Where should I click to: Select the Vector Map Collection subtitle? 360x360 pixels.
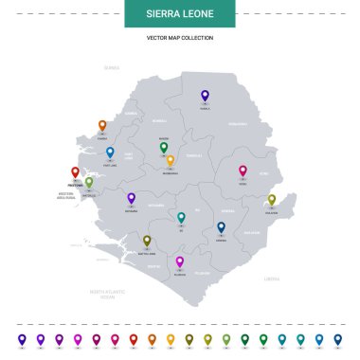tap(179, 38)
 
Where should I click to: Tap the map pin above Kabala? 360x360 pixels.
tap(205, 96)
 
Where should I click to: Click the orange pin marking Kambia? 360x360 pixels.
tap(102, 125)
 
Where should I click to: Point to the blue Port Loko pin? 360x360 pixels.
tap(110, 152)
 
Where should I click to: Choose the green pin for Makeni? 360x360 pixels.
tap(164, 148)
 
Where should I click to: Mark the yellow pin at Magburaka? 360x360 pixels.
tap(171, 161)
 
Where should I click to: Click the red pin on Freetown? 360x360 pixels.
tap(76, 172)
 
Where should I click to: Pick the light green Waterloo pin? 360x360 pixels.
tap(89, 182)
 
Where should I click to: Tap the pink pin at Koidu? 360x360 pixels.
tap(243, 171)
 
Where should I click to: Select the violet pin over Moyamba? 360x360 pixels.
tap(132, 198)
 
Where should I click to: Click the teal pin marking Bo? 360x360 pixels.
tap(181, 218)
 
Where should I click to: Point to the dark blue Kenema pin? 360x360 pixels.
tap(221, 227)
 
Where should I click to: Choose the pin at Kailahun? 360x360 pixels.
tap(272, 200)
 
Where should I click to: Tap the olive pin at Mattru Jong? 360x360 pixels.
tap(147, 242)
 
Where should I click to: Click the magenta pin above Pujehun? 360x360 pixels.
tap(180, 261)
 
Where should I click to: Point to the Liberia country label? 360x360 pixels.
tap(272, 279)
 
